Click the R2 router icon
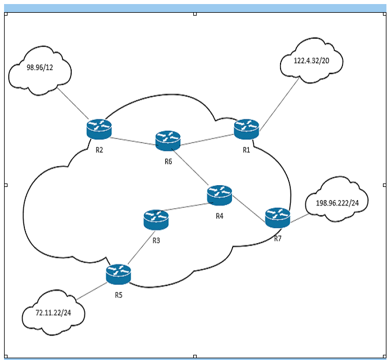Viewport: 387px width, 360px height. coord(99,128)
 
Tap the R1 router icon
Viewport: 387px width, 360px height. coord(246,128)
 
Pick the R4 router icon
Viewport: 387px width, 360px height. coord(219,196)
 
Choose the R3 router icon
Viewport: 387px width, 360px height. coord(156,219)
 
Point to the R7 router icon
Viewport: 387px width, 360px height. coord(277,217)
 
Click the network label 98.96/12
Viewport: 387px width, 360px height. coord(40,67)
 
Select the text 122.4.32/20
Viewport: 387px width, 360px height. coord(311,60)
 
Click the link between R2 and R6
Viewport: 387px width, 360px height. coord(133,139)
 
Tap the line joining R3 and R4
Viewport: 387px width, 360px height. coord(188,208)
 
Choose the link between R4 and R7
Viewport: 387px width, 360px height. coord(248,207)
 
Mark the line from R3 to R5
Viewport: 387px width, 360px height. coord(137,248)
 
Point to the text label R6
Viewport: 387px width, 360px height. coord(168,161)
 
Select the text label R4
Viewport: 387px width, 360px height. coord(219,216)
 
